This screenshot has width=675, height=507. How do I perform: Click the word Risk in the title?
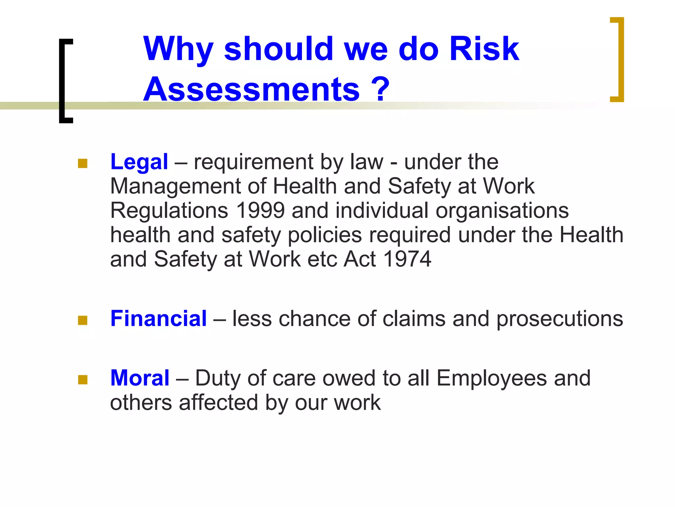pyautogui.click(x=484, y=49)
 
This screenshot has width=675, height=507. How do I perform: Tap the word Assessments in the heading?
pyautogui.click(x=251, y=89)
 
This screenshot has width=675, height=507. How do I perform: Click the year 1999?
pyautogui.click(x=260, y=211)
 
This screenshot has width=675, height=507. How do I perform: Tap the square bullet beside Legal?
pyautogui.click(x=83, y=163)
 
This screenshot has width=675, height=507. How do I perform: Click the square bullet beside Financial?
pyautogui.click(x=83, y=320)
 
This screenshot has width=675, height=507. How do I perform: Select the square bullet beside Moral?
pyautogui.click(x=83, y=380)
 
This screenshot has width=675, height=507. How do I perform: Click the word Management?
pyautogui.click(x=175, y=186)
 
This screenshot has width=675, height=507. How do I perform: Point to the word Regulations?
pyautogui.click(x=169, y=211)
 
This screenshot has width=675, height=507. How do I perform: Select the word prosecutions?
pyautogui.click(x=560, y=319)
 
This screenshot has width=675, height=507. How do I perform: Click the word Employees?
pyautogui.click(x=491, y=378)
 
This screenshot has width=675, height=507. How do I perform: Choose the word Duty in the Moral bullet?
pyautogui.click(x=218, y=378)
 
